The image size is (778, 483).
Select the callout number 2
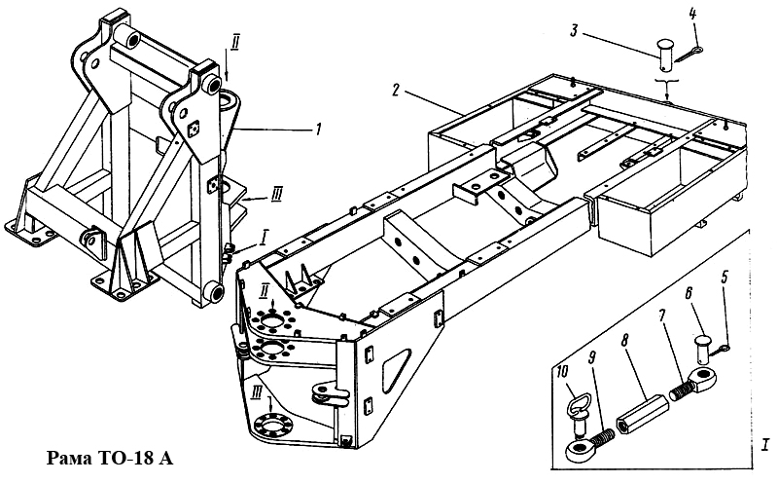tap(396, 91)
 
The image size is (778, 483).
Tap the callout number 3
tap(574, 31)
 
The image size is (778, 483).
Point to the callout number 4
tap(692, 14)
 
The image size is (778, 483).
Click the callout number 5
tap(725, 278)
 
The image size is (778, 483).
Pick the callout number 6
tap(689, 294)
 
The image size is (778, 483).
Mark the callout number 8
tap(624, 341)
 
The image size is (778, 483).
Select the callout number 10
tap(563, 371)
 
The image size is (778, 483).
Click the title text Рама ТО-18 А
tap(110, 458)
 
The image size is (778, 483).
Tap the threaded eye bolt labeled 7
tap(692, 383)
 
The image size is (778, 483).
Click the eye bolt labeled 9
tap(588, 444)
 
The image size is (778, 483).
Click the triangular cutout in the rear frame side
tap(396, 369)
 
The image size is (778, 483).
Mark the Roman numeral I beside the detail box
tap(765, 444)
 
